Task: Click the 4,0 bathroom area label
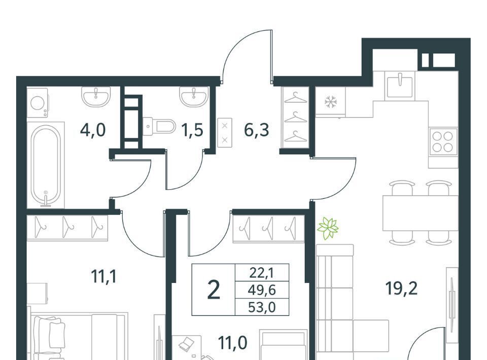[x=93, y=130]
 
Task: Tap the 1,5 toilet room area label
[x=193, y=130]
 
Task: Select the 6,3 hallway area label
[x=257, y=130]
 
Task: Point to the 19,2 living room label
[x=401, y=289]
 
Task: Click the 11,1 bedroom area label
[x=104, y=276]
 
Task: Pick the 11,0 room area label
[x=233, y=343]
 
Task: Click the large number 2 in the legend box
[x=214, y=290]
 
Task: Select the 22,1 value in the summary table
[x=262, y=273]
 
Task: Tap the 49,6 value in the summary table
[x=262, y=290]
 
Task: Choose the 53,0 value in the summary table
[x=262, y=307]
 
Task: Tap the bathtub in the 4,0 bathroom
[x=46, y=165]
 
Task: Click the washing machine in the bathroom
[x=38, y=103]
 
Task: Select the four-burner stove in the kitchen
[x=442, y=141]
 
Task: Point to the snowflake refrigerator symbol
[x=331, y=102]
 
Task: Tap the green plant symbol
[x=328, y=228]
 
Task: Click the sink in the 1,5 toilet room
[x=194, y=96]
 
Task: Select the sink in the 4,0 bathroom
[x=96, y=96]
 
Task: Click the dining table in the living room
[x=420, y=213]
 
